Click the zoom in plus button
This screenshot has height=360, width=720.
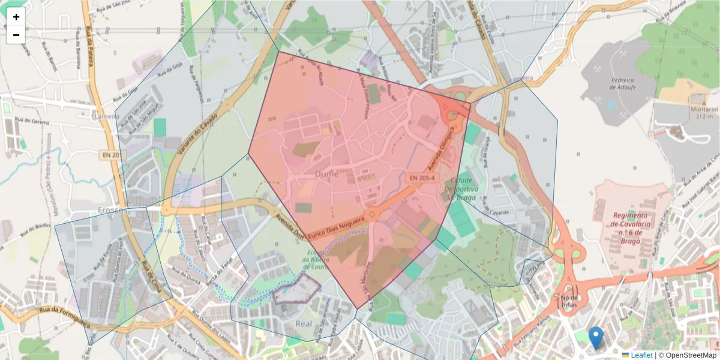(16, 17)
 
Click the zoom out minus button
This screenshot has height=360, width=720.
(16, 35)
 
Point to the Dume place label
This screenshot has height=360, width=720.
(326, 174)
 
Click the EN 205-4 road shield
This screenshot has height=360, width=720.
(422, 178)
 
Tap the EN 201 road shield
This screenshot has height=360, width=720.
(112, 155)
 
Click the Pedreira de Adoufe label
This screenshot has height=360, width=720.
(622, 83)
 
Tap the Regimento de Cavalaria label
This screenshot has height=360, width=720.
(631, 228)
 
